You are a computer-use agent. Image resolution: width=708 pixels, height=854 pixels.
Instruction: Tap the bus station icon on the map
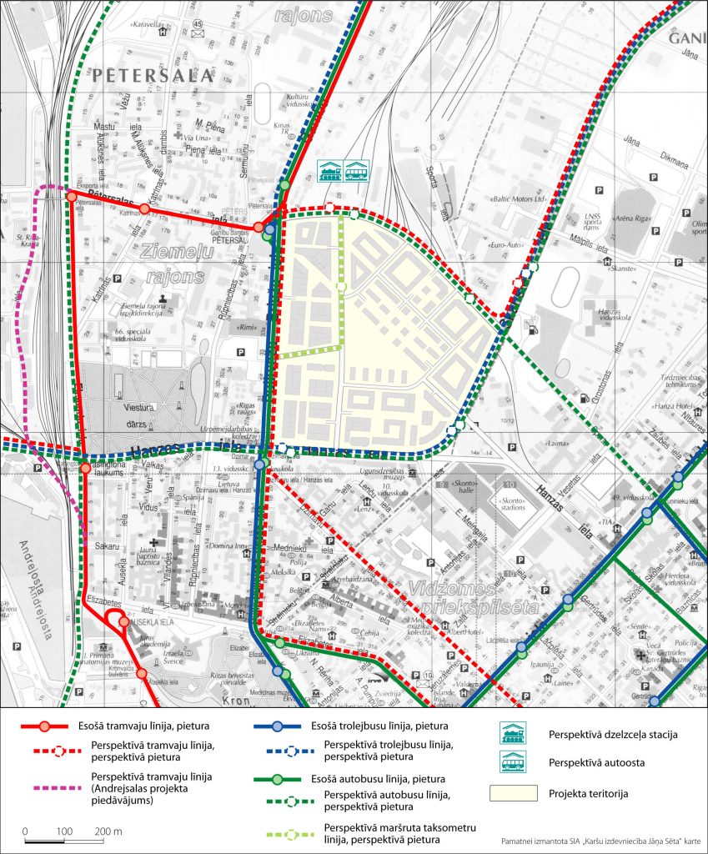point(357,169)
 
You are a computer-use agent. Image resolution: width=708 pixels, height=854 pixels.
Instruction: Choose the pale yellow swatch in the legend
point(512,791)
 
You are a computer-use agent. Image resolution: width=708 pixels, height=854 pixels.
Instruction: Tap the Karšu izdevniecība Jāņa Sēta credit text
point(600,841)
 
